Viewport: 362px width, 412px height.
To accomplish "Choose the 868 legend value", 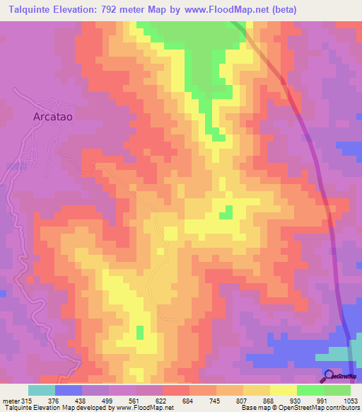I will (255, 399).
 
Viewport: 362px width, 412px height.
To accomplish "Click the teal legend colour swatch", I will (42, 390).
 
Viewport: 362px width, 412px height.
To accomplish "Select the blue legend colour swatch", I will (69, 390).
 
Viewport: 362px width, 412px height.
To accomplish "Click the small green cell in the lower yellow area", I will (140, 332).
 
